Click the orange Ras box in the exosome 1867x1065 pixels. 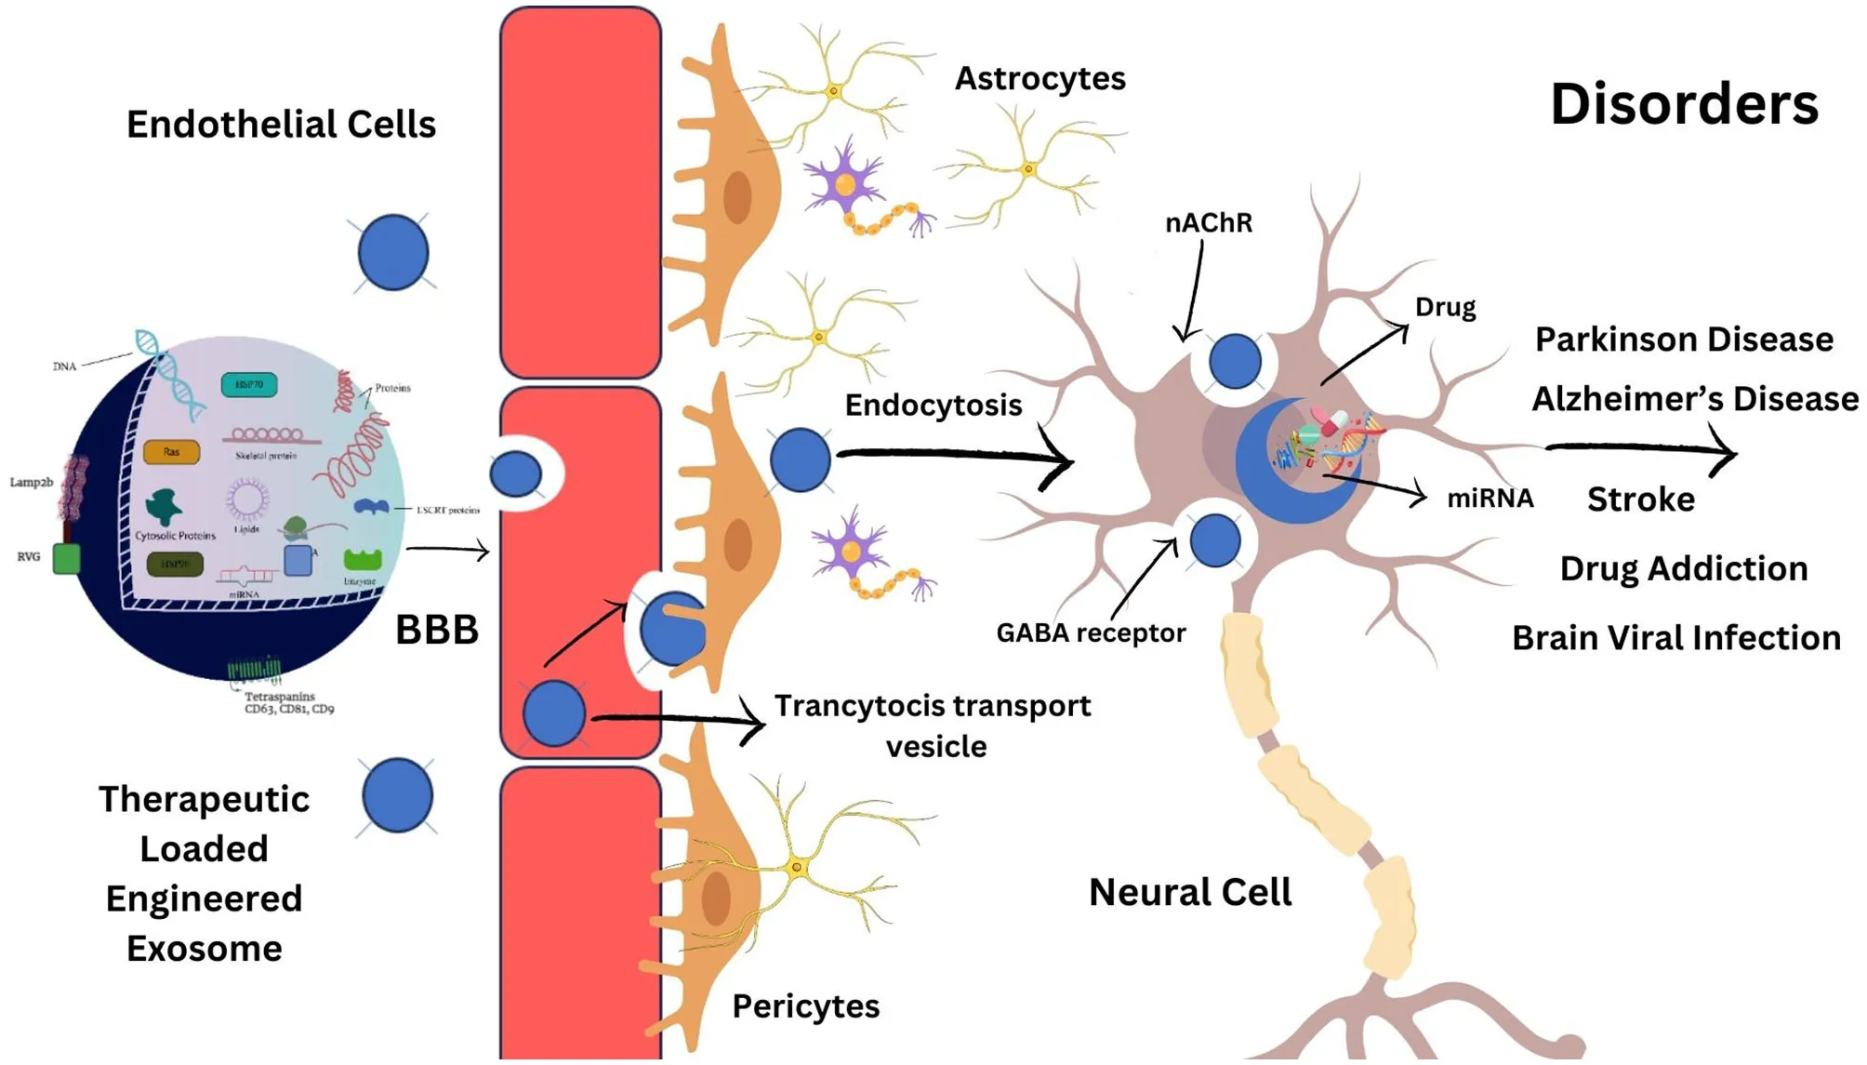click(x=171, y=452)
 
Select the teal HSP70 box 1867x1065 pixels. click(x=248, y=384)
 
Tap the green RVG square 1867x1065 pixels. click(x=66, y=558)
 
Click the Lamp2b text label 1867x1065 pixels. click(x=31, y=482)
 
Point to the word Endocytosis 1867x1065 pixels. click(x=933, y=406)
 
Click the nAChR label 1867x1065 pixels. click(x=1208, y=223)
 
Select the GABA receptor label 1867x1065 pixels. click(x=1090, y=633)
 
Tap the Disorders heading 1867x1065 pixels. click(x=1683, y=103)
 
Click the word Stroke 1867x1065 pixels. click(x=1640, y=499)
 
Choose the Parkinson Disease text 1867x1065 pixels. click(x=1683, y=339)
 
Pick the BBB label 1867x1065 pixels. click(x=436, y=630)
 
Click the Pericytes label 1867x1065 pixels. click(x=805, y=1006)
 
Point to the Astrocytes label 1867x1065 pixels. click(x=1039, y=79)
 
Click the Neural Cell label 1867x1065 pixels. click(x=1189, y=892)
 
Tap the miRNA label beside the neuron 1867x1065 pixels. click(x=1490, y=499)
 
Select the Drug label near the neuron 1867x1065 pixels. click(x=1445, y=308)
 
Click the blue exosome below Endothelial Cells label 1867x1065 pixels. click(x=393, y=253)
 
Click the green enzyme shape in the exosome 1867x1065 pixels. click(x=362, y=560)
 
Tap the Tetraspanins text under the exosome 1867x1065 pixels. click(x=280, y=697)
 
